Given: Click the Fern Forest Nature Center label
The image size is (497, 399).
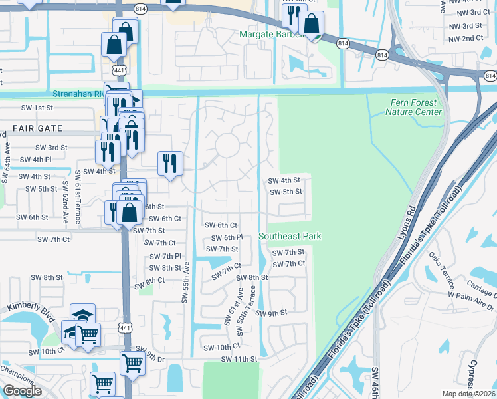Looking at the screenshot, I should (413, 107).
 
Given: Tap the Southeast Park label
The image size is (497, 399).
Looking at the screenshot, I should (290, 236).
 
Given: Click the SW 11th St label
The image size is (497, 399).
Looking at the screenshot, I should (239, 360).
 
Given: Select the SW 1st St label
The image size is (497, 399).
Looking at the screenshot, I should (37, 108).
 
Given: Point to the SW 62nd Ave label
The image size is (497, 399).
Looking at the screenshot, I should (66, 200).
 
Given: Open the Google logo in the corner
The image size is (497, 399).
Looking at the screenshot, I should (22, 391).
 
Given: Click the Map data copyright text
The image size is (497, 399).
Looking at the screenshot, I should (467, 393).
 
